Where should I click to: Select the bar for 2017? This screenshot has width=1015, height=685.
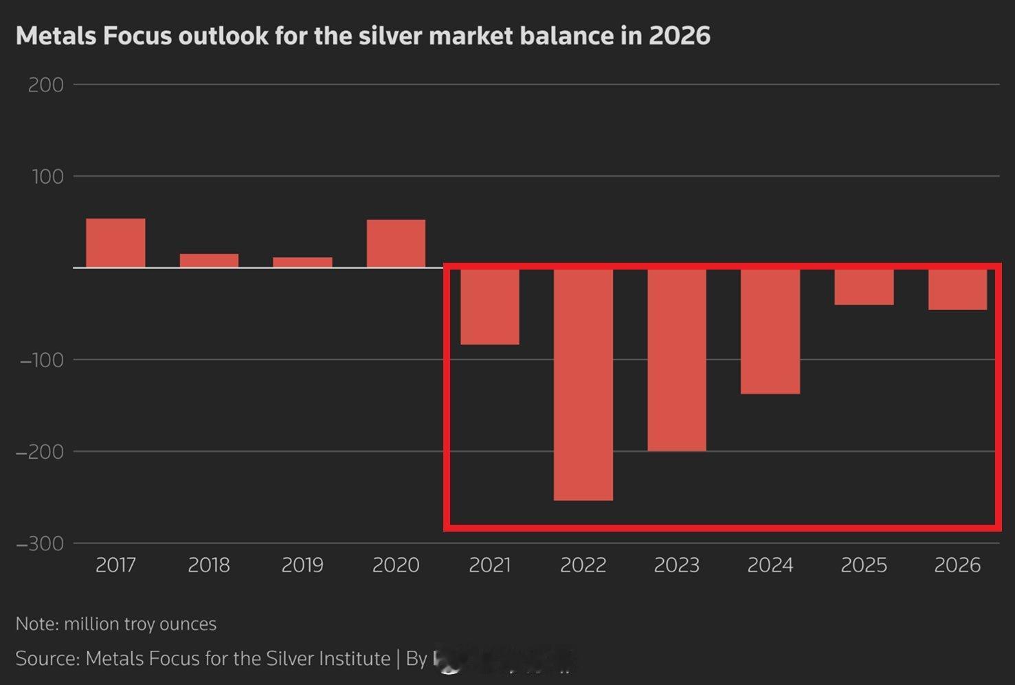tap(115, 243)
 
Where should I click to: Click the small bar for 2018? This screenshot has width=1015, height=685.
tap(209, 261)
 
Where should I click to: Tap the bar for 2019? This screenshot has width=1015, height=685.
tap(302, 262)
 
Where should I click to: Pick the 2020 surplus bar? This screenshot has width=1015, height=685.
tap(396, 243)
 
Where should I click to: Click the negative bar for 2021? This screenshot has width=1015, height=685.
tap(489, 306)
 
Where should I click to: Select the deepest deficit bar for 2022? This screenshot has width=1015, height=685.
tap(583, 384)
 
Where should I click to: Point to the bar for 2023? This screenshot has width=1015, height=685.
tap(677, 359)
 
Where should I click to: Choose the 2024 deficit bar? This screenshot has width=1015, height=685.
tap(770, 331)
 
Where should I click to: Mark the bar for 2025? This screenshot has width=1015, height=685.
tap(864, 286)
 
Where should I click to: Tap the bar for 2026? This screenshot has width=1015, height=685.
tap(957, 289)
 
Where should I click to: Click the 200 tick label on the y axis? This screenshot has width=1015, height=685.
tap(45, 85)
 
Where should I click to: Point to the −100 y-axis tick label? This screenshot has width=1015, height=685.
tap(41, 360)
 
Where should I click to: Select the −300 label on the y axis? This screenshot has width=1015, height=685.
tap(40, 544)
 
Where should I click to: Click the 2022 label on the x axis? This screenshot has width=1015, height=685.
tap(583, 565)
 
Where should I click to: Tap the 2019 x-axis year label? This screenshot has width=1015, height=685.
tap(302, 565)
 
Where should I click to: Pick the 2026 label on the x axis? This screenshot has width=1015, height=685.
tap(957, 565)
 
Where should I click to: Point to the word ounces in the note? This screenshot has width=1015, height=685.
tap(188, 624)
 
